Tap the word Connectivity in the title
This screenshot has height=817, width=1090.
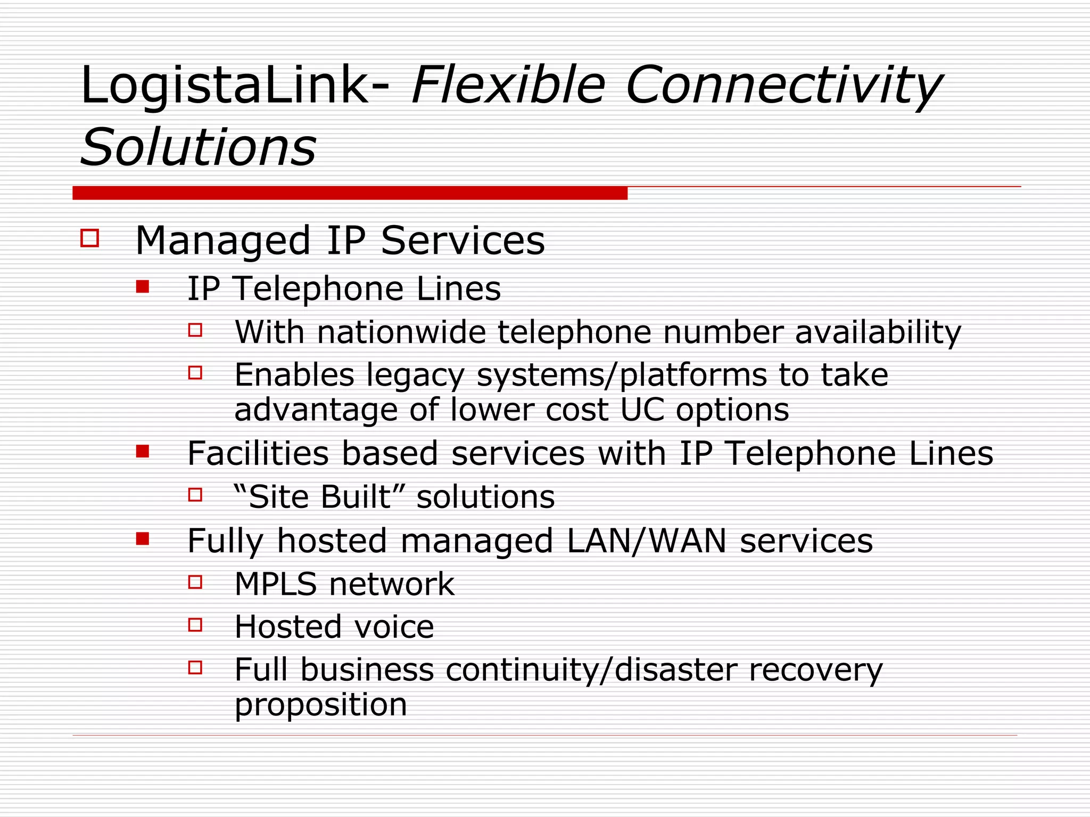pyautogui.click(x=783, y=85)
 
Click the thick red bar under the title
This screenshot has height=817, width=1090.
pyautogui.click(x=350, y=193)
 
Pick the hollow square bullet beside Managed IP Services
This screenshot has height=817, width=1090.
pyautogui.click(x=90, y=238)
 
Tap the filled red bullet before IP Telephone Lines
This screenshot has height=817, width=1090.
pyautogui.click(x=142, y=287)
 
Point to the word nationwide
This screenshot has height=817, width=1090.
pyautogui.click(x=401, y=332)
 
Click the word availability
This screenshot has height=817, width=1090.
pyautogui.click(x=878, y=333)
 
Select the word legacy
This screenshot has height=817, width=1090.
pyautogui.click(x=416, y=376)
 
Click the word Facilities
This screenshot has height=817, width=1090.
pyautogui.click(x=258, y=453)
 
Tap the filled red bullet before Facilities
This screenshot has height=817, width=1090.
pyautogui.click(x=142, y=452)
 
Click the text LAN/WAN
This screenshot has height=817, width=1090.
pyautogui.click(x=647, y=541)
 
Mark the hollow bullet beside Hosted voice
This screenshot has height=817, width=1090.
pyautogui.click(x=195, y=624)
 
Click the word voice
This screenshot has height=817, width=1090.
pyautogui.click(x=394, y=627)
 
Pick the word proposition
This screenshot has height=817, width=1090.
pyautogui.click(x=320, y=705)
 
